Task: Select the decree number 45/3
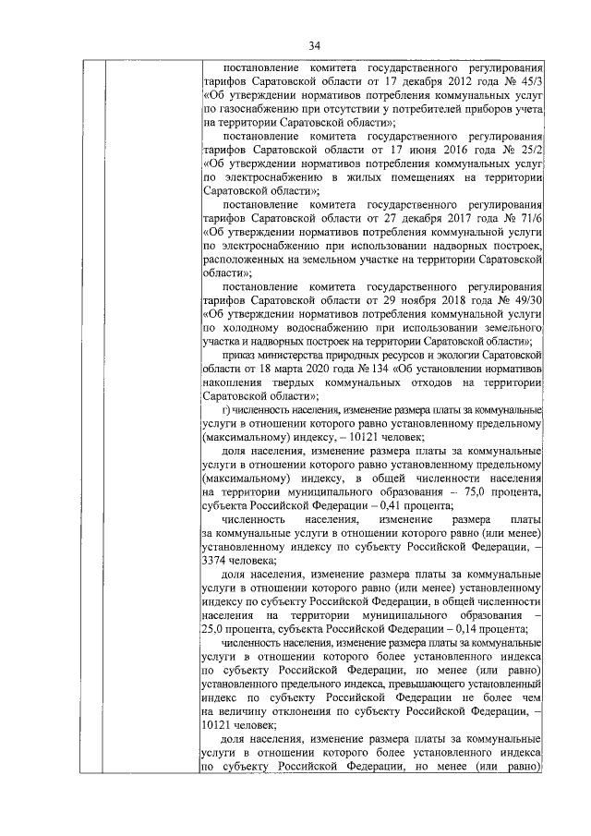[x=528, y=80]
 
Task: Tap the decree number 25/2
[x=529, y=147]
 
